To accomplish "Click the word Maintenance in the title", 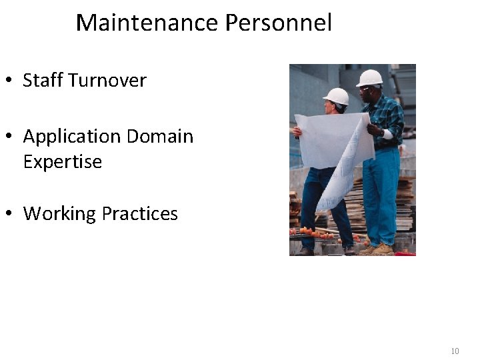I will click(147, 23).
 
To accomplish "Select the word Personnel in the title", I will click(278, 23).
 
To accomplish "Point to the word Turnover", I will click(107, 81).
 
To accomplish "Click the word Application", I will click(72, 137).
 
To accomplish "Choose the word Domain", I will click(160, 137).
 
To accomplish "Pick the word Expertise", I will click(63, 162).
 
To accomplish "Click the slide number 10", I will click(455, 351).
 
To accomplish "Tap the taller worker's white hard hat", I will click(370, 77).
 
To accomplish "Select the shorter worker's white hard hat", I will click(337, 96).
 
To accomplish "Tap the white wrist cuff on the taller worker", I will click(387, 133).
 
